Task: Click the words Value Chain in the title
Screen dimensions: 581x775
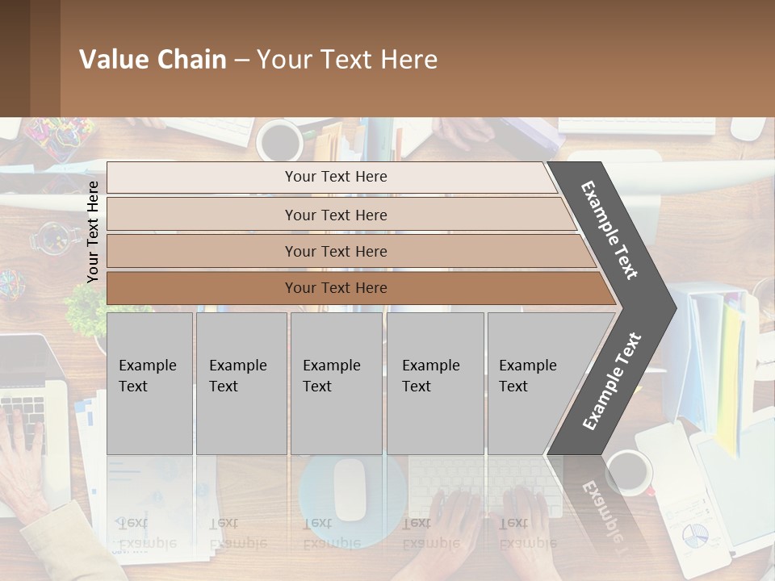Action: [153, 60]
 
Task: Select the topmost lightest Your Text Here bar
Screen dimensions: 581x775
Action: [335, 177]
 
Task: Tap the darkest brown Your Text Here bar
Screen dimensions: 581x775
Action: [335, 288]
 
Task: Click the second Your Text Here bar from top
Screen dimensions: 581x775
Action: [335, 215]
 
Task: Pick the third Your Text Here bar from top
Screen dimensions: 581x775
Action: [335, 251]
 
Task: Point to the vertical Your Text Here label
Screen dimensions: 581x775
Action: [93, 232]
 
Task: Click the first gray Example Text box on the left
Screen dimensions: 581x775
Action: [149, 382]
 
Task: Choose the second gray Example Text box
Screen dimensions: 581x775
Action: [241, 382]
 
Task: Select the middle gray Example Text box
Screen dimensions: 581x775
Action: [336, 382]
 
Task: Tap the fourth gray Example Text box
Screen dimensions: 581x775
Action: [434, 382]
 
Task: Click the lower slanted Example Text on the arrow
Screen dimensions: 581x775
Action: [612, 381]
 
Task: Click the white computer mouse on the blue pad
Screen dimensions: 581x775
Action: [350, 489]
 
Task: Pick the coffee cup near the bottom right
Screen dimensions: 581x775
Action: [629, 472]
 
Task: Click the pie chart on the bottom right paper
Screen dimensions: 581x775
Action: [695, 534]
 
